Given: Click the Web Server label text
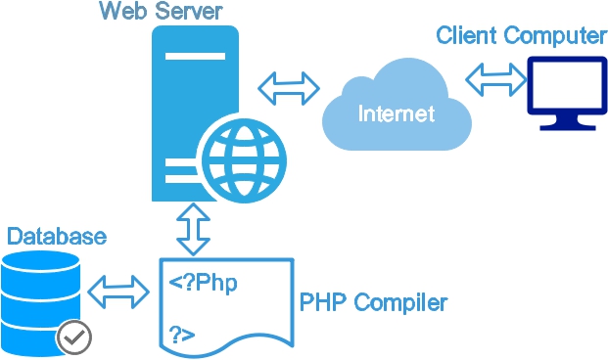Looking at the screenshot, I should coord(161,13).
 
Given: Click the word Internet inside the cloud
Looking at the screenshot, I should coord(396,113).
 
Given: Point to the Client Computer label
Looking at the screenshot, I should coord(521,36).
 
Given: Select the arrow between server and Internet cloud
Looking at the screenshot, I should coord(289,87).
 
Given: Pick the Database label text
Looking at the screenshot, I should coord(56,237).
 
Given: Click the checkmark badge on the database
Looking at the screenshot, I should coord(74,337).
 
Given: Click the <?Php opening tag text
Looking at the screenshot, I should coord(203,283).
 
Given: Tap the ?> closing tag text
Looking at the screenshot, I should coord(181,334).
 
